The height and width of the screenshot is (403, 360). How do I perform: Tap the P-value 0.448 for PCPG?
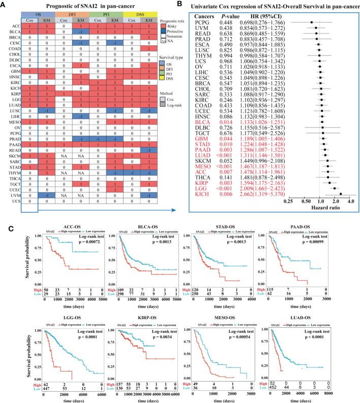pyautogui.click(x=237, y=24)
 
